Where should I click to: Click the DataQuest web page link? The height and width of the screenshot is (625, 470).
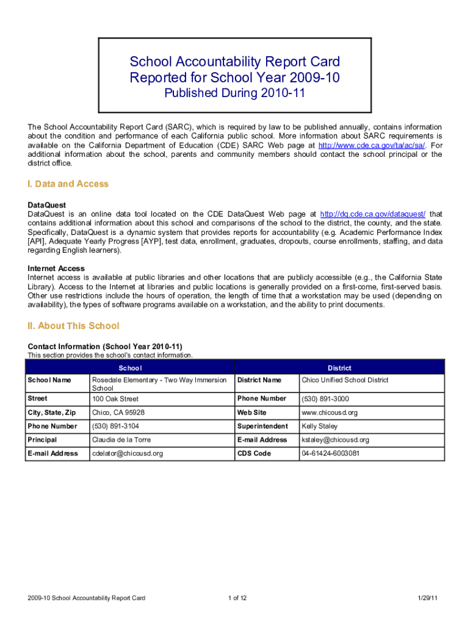point(373,214)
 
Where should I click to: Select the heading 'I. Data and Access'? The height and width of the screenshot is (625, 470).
point(68,184)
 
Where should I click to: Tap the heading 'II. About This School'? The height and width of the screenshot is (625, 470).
point(73,326)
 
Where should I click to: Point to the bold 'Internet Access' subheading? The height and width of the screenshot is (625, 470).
point(56,269)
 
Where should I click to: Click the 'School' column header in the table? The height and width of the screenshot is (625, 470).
point(130,368)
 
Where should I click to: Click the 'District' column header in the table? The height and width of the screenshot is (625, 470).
point(339,368)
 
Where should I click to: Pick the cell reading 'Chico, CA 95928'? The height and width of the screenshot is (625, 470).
point(118,413)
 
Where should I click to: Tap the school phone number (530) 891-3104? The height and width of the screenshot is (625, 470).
point(115,426)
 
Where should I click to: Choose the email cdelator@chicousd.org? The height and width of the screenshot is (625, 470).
point(128,453)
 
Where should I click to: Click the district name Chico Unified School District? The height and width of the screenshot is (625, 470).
point(345,380)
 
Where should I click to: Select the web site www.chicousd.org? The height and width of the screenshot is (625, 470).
point(330,413)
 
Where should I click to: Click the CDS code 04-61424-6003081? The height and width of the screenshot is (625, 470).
point(330,453)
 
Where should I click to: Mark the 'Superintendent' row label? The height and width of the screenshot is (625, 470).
point(262,426)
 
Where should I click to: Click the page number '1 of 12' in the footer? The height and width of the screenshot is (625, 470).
point(235,598)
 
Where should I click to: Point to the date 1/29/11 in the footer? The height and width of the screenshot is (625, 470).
point(428,598)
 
